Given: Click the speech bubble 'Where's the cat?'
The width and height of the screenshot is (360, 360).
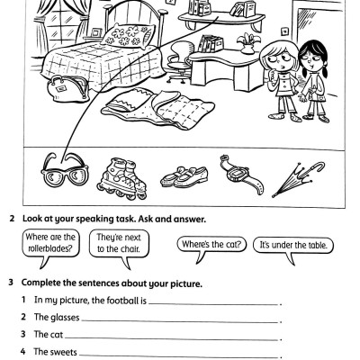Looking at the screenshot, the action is click(212, 244).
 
